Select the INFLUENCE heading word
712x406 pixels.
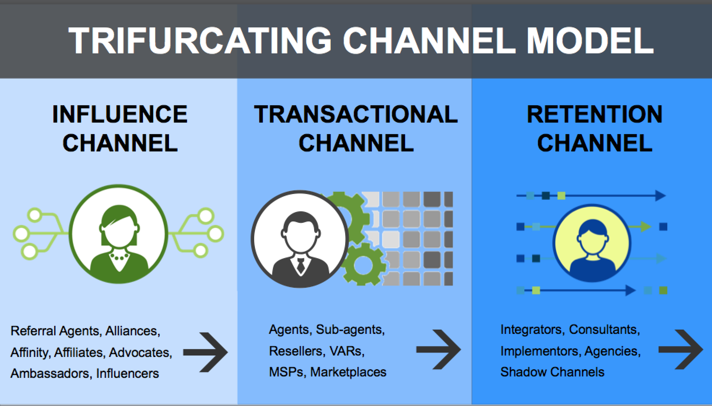[120, 114]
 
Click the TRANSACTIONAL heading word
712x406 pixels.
[356, 114]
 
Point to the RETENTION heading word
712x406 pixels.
[594, 114]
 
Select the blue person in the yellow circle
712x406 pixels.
[592, 249]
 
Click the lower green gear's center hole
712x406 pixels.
[360, 265]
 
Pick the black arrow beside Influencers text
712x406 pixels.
[206, 352]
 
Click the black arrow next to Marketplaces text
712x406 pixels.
[438, 349]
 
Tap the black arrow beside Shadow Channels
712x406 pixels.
[681, 349]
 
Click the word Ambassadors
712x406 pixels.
[50, 373]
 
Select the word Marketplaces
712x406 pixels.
[348, 372]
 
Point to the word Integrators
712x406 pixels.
[531, 329]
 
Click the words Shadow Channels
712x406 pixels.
[552, 372]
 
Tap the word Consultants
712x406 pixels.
[604, 329]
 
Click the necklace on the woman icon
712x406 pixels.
[118, 257]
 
